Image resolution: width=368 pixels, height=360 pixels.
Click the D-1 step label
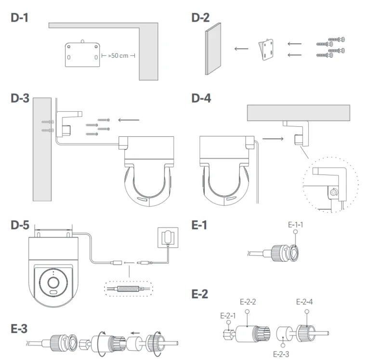tap(20, 19)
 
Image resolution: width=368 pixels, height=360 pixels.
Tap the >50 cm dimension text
tap(118, 56)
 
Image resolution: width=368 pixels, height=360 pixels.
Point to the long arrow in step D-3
tap(129, 120)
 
